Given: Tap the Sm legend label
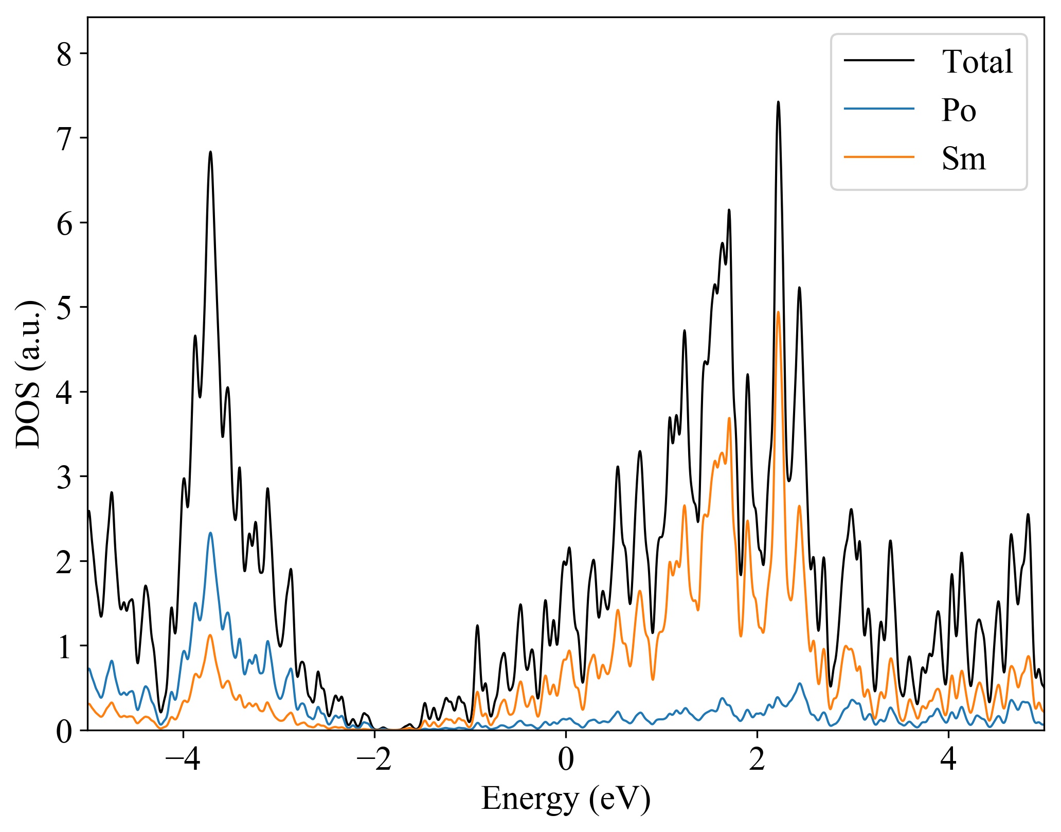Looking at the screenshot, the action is [x=964, y=158].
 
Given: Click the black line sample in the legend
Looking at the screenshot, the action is [x=879, y=60].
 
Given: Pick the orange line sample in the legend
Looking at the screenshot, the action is [x=879, y=156].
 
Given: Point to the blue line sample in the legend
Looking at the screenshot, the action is [x=879, y=109].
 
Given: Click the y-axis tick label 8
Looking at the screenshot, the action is [x=64, y=54].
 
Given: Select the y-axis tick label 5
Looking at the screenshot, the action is [x=64, y=308].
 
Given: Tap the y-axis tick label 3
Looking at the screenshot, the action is [x=64, y=477].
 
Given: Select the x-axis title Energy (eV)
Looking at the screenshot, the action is [x=566, y=800].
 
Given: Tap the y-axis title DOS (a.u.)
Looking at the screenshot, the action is [x=29, y=374].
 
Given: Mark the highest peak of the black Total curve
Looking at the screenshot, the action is [x=778, y=102].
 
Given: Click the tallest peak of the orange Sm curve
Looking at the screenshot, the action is [x=778, y=312].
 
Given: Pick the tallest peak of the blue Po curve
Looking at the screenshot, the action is [x=210, y=533].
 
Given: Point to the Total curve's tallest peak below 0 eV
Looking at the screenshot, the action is [x=210, y=152].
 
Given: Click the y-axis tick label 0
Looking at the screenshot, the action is [x=64, y=731].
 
